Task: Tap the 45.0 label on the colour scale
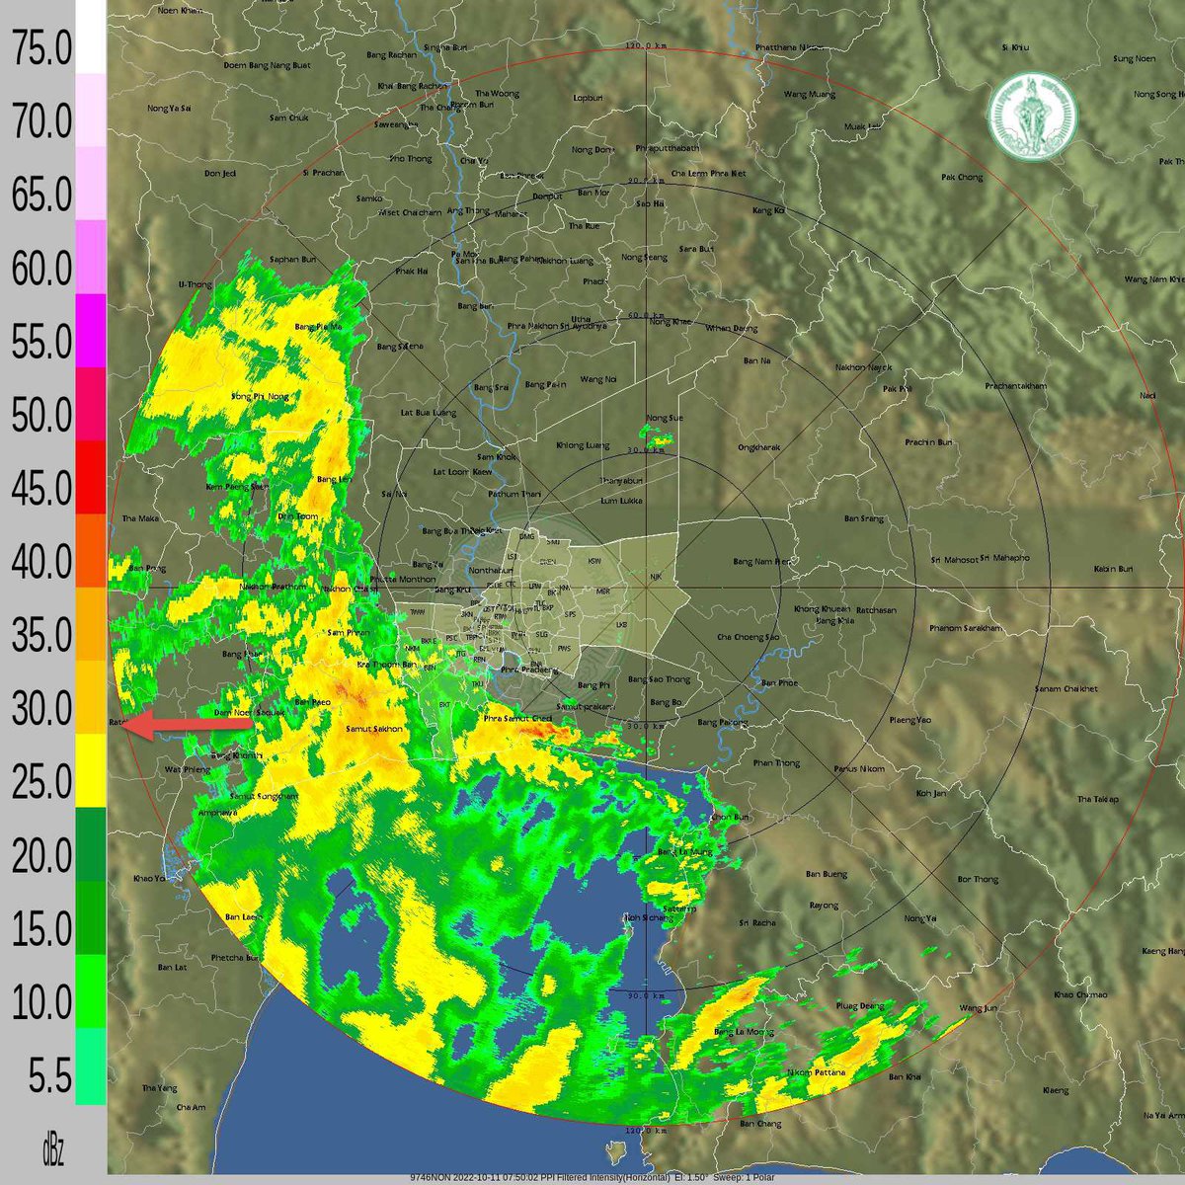point(41,489)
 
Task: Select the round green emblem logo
point(1033,116)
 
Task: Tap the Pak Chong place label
point(963,178)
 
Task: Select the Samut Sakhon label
point(374,729)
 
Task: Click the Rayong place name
point(824,905)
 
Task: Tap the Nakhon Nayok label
point(863,367)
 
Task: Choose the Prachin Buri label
point(931,441)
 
